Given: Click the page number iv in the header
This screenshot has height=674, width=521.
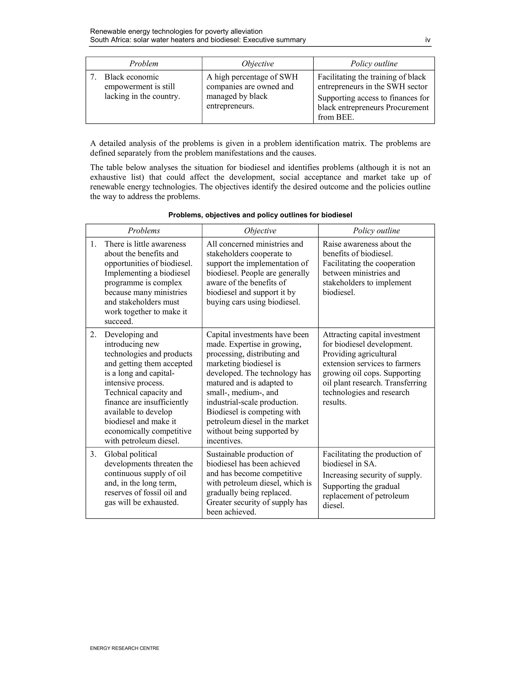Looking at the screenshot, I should [427, 40].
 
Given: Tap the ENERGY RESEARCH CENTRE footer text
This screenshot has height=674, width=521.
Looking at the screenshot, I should [124, 648].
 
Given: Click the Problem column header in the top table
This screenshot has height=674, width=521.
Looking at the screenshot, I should [143, 64].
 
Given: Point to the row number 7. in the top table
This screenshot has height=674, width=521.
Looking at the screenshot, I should [93, 77].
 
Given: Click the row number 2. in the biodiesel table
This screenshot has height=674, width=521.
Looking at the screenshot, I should [93, 334].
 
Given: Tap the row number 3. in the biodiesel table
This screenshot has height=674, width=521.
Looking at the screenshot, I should [93, 454].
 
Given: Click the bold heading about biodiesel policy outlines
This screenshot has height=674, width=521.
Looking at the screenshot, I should [260, 215].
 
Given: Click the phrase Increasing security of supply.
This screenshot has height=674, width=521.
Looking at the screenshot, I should [372, 475].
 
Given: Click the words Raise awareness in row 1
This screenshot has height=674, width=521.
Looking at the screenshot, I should [346, 244].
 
